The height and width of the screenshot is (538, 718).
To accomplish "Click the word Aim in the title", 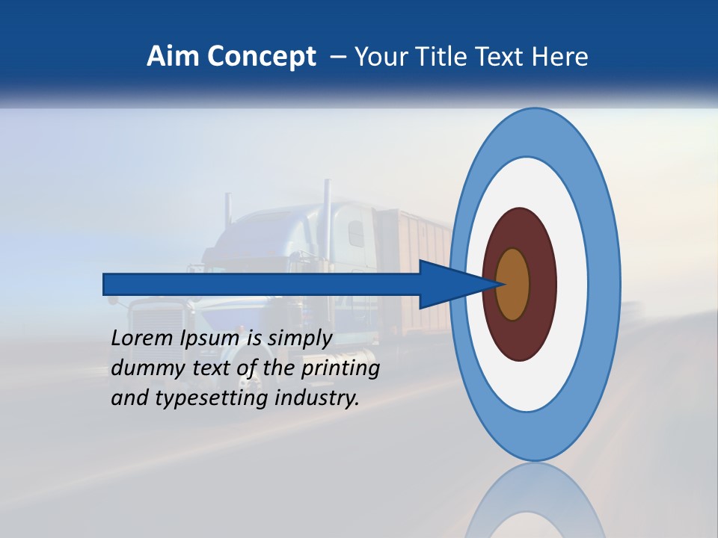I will coord(173,57).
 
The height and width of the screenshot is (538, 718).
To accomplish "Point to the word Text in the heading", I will coord(491,57).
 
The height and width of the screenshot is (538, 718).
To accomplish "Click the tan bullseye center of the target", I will coord(513,284).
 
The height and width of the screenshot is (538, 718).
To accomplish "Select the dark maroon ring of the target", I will coord(542,284).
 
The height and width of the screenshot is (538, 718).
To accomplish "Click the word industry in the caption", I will coord(317,398).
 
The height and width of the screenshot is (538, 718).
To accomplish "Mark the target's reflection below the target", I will coord(535,501).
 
